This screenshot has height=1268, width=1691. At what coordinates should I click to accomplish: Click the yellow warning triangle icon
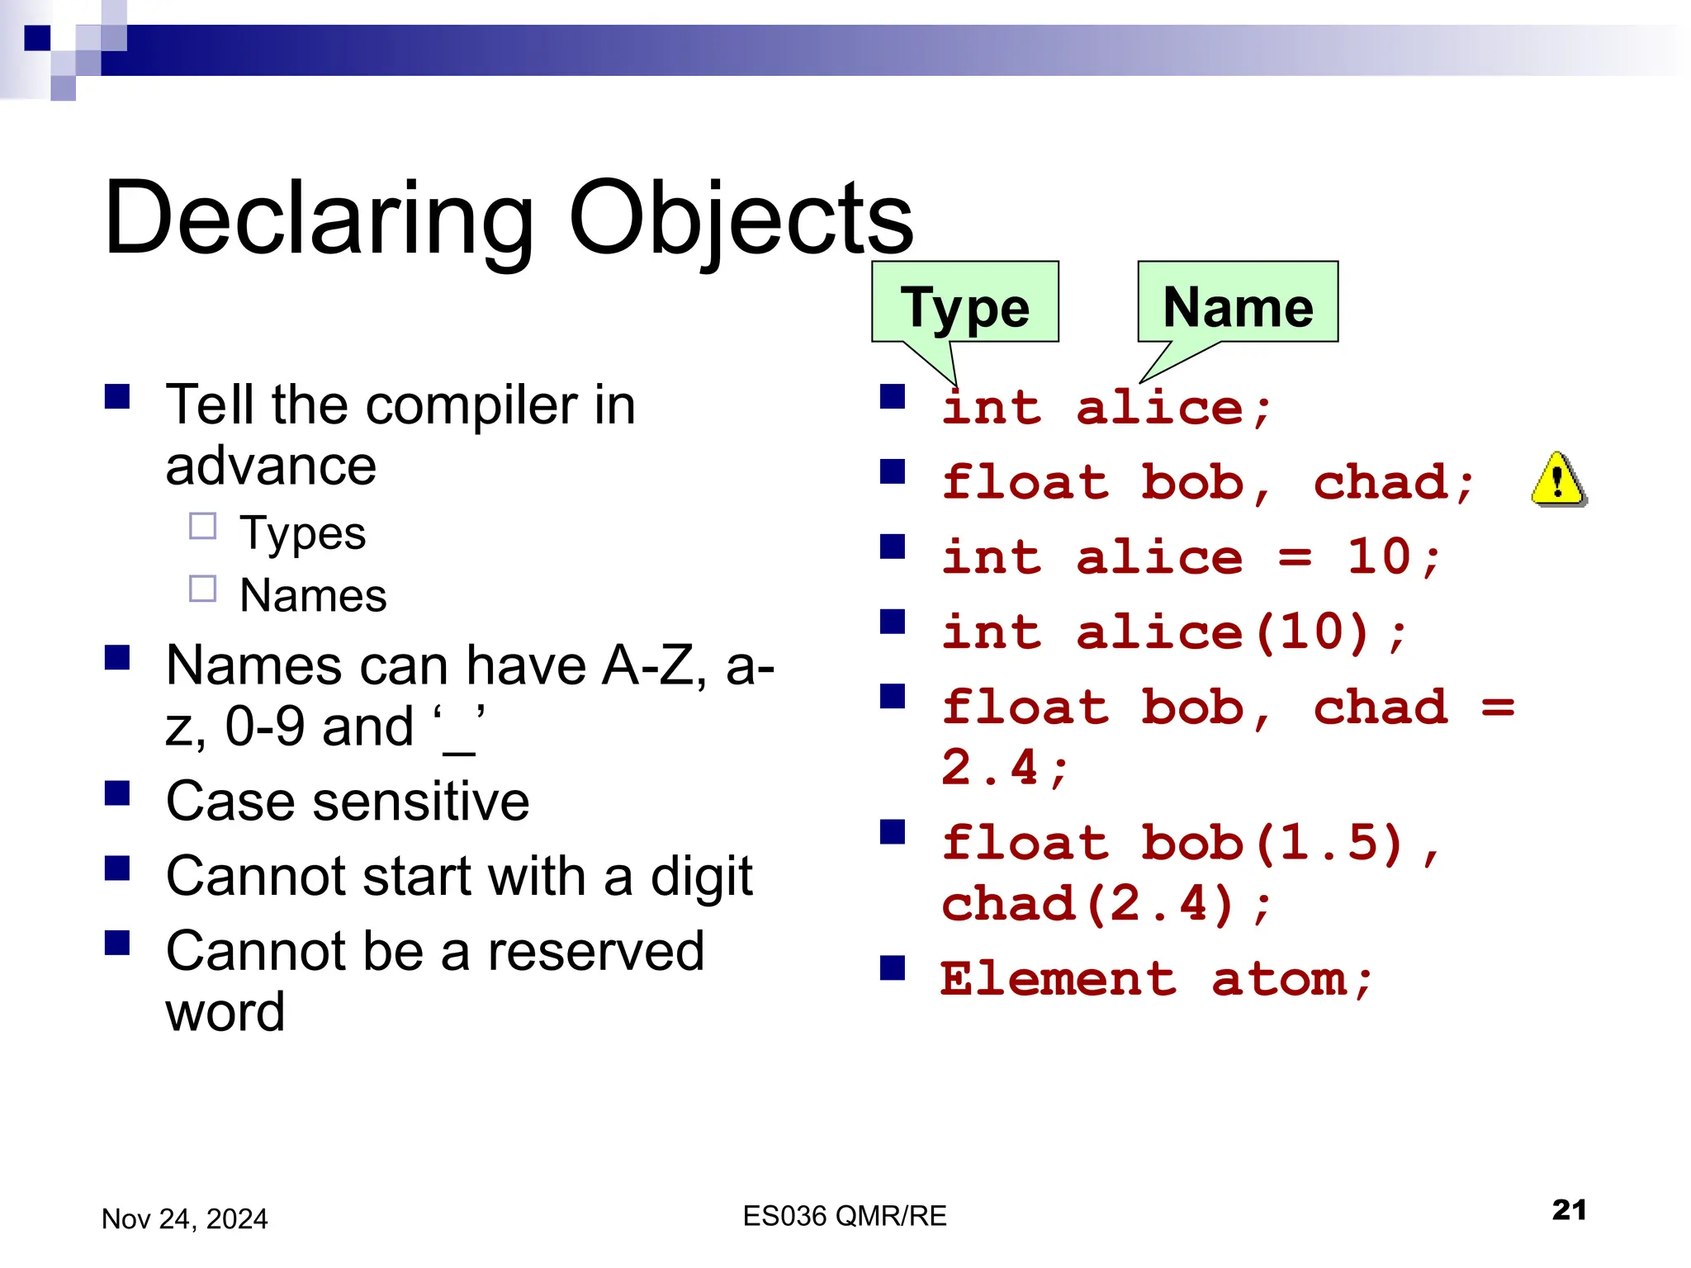[1558, 481]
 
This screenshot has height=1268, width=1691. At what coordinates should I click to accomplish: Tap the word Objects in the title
[741, 218]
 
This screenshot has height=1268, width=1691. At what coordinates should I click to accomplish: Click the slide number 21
[1569, 1209]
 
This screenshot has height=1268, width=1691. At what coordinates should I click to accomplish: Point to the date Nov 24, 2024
[184, 1218]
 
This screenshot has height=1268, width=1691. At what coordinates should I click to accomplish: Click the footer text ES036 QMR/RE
[844, 1216]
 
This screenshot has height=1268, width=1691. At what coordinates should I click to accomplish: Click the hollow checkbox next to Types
[203, 526]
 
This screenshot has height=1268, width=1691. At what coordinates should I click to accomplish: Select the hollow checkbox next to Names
[203, 589]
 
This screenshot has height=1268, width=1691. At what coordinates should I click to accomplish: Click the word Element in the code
[1058, 980]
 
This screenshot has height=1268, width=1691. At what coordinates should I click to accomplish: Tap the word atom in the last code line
[1279, 980]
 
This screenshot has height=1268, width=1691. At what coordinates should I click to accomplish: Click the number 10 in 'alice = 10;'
[1379, 557]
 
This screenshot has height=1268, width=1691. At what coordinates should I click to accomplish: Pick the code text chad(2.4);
[1106, 904]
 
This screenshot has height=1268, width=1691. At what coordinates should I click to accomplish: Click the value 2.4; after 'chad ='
[1004, 768]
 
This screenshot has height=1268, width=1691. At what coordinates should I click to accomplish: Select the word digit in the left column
[702, 877]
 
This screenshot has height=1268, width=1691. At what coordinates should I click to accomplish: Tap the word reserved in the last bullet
[595, 951]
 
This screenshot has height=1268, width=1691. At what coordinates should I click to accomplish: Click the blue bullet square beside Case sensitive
[117, 794]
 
